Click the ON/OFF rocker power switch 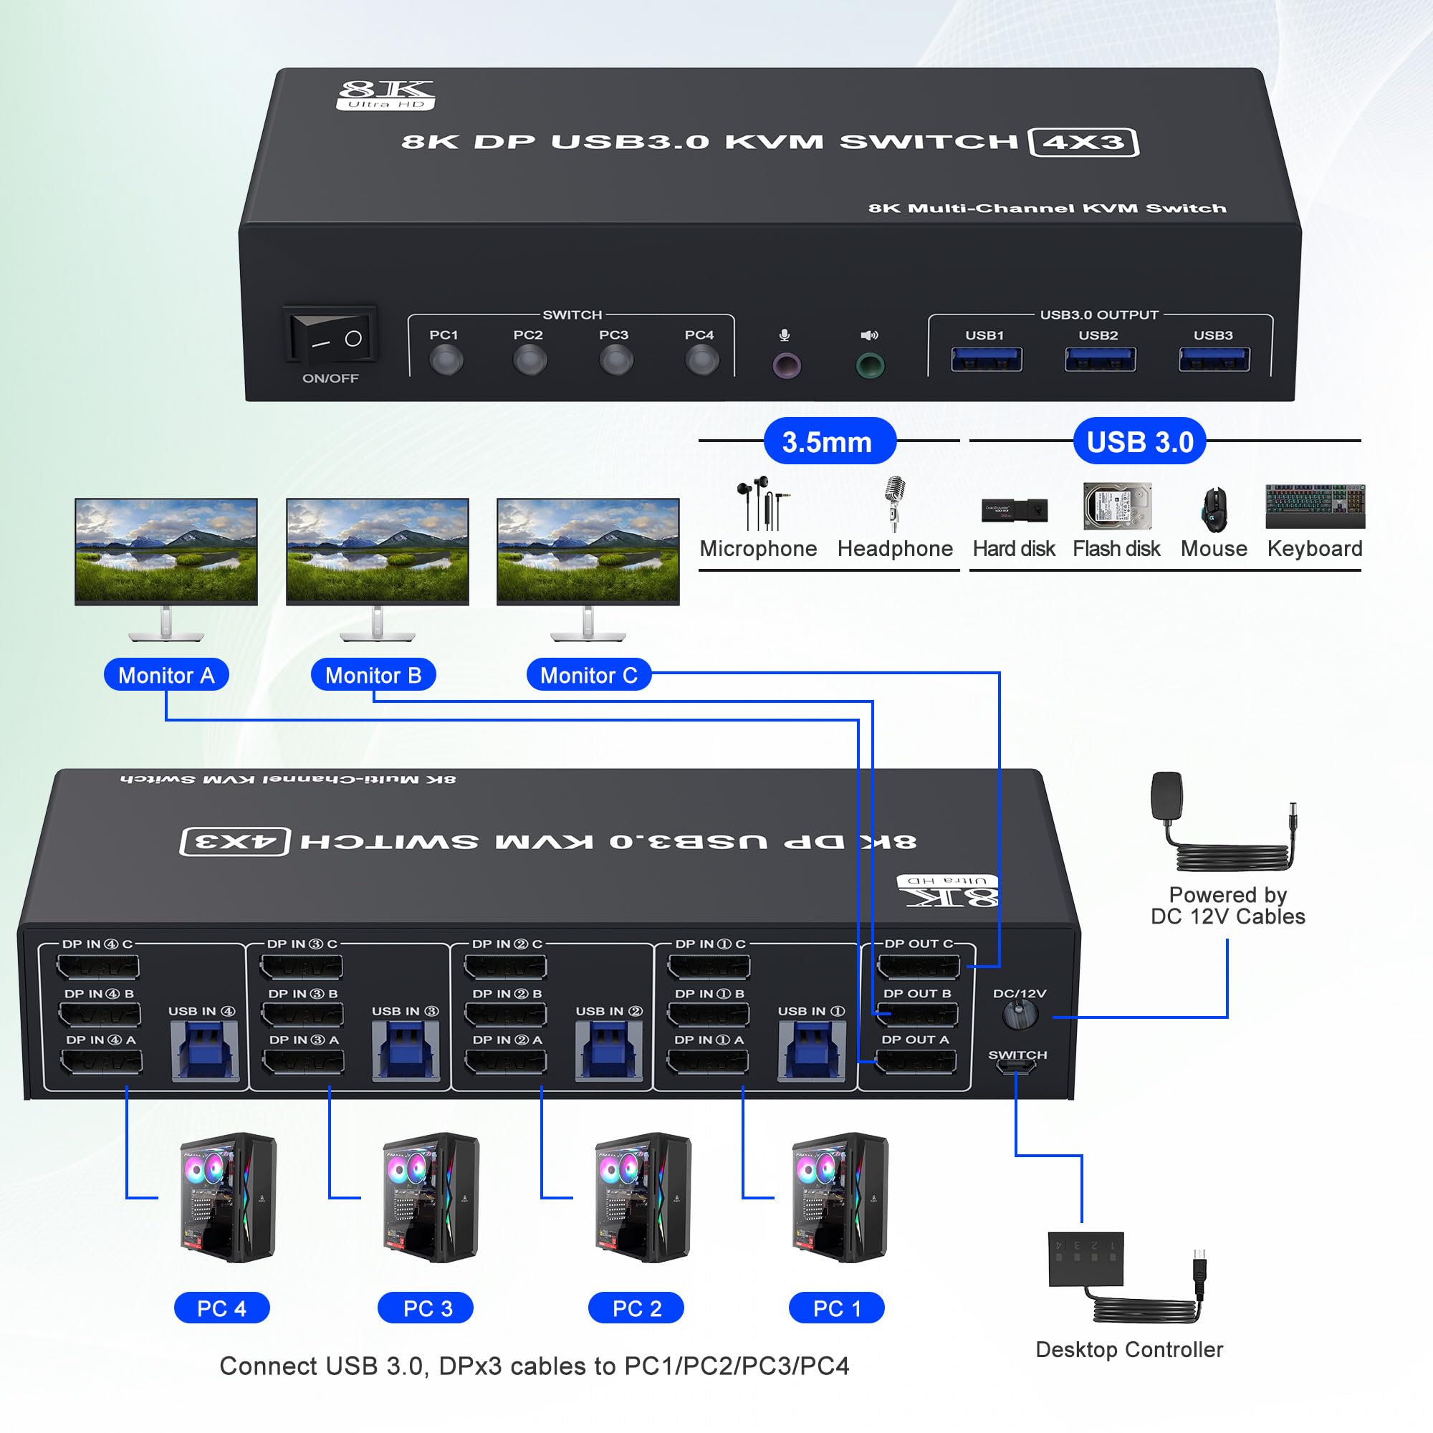332,338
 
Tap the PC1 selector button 446,361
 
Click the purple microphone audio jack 786,365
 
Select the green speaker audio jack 869,365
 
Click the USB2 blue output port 1099,360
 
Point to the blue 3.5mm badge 829,441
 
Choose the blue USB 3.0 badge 1139,441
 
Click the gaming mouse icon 1214,509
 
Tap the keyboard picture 1314,506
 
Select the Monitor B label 373,675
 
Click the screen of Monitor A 166,550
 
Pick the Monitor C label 588,675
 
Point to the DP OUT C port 918,967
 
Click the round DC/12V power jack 1020,1014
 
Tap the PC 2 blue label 636,1308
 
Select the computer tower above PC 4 228,1197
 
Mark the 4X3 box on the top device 1083,142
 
